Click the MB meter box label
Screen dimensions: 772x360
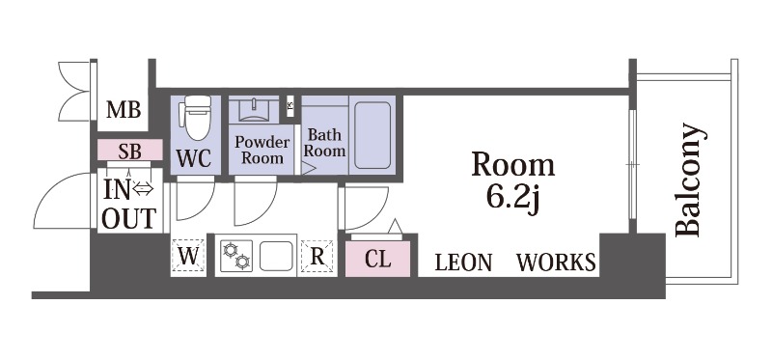tap(124, 109)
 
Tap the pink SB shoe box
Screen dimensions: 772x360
tap(130, 150)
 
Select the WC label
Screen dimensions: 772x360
tap(194, 158)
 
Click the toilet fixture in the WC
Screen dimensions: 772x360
tap(197, 118)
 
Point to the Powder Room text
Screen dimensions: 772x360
tap(262, 150)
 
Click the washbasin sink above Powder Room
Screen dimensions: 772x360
tap(254, 110)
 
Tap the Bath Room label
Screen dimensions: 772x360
tap(324, 143)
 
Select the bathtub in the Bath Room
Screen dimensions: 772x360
tap(372, 135)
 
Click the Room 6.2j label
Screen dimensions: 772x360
tap(513, 183)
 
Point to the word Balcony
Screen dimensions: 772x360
tap(688, 180)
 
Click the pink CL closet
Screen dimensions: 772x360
tap(377, 259)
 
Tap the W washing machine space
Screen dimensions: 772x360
tap(187, 256)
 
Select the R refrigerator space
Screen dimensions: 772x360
tap(317, 256)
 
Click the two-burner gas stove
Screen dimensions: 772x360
tap(235, 256)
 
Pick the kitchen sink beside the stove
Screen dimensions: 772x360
tap(276, 256)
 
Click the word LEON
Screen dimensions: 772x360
tap(463, 263)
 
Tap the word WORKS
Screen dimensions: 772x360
tap(556, 263)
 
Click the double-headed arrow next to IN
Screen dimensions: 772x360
tap(144, 188)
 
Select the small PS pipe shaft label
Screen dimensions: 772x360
tap(290, 105)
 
